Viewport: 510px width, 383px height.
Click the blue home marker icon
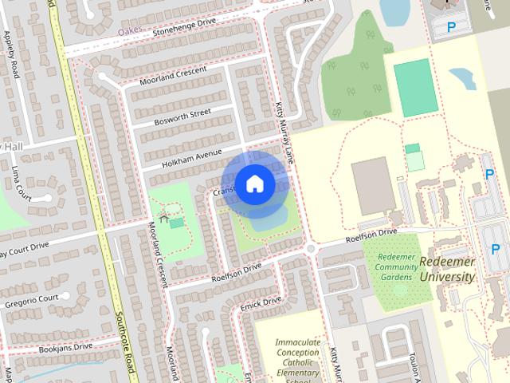(254, 184)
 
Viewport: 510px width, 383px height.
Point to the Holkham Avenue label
(191, 153)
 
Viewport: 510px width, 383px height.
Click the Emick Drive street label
(261, 304)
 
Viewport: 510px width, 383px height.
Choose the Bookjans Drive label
(65, 347)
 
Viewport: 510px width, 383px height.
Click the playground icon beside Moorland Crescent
(163, 217)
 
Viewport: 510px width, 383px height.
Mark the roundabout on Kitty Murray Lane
(310, 249)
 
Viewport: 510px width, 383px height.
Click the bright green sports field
(416, 87)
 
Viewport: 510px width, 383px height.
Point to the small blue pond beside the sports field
(463, 77)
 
